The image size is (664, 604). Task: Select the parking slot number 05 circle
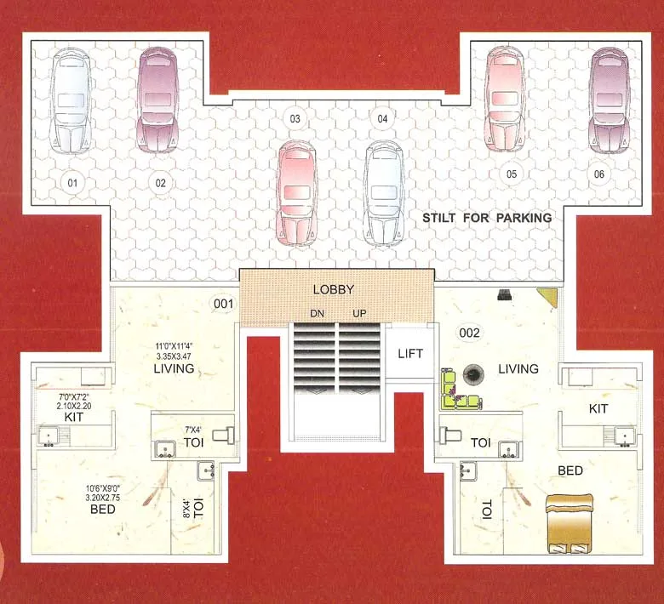pos(512,174)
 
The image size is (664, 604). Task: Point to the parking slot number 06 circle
pos(600,174)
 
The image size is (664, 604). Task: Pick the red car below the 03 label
pos(297,192)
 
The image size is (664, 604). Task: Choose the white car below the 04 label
pos(382,192)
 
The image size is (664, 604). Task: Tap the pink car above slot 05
pos(502,97)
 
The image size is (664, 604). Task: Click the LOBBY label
pos(333,289)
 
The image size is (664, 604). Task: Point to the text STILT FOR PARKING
pos(487,218)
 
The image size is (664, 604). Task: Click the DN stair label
pos(317,314)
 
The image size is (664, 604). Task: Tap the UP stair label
pos(358,314)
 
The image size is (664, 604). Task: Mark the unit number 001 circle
pos(223,302)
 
